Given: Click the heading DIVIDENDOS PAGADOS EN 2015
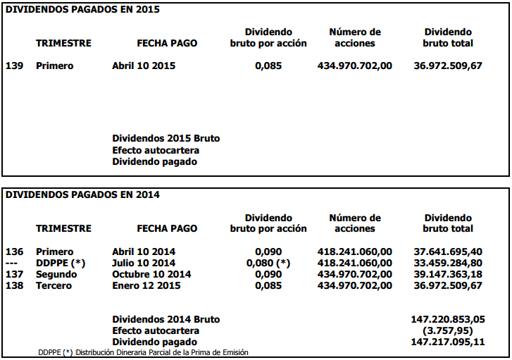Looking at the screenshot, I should pos(83,9).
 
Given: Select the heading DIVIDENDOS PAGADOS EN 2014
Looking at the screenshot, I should pos(83,195).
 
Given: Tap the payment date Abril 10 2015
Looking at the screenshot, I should pos(144,66).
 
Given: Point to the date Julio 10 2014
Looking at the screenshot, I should pos(144,263).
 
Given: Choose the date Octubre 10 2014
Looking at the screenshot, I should pos(151,274).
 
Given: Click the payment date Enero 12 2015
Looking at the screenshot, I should pos(146,285).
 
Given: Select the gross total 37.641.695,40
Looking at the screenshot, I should pos(448,252).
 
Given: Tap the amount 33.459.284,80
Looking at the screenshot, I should pos(448,263).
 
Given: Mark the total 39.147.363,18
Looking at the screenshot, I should pos(448,274).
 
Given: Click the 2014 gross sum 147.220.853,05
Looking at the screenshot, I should pos(448,319).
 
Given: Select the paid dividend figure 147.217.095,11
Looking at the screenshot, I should pos(448,342).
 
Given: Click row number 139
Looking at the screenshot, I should pos(15,66).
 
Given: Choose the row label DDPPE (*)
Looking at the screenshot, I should pos(60,263).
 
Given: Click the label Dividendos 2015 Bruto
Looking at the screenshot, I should pos(166,139).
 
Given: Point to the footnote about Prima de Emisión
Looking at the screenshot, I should pos(143,352).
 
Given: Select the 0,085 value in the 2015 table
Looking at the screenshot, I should pos(268,66).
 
